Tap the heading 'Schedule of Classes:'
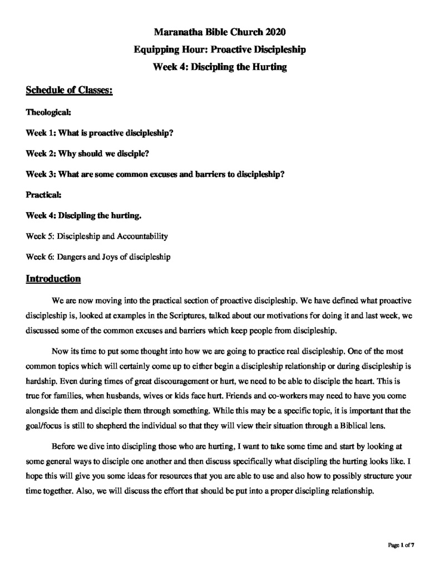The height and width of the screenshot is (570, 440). click(70, 90)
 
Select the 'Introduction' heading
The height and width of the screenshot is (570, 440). click(53, 278)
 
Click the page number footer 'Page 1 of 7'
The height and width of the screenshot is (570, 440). click(401, 545)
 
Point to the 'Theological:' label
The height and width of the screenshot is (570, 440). click(48, 112)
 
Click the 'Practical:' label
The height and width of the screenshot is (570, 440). click(45, 195)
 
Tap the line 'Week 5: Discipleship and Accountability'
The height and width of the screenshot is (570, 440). click(97, 236)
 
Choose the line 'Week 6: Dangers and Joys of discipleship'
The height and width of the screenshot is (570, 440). click(98, 257)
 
